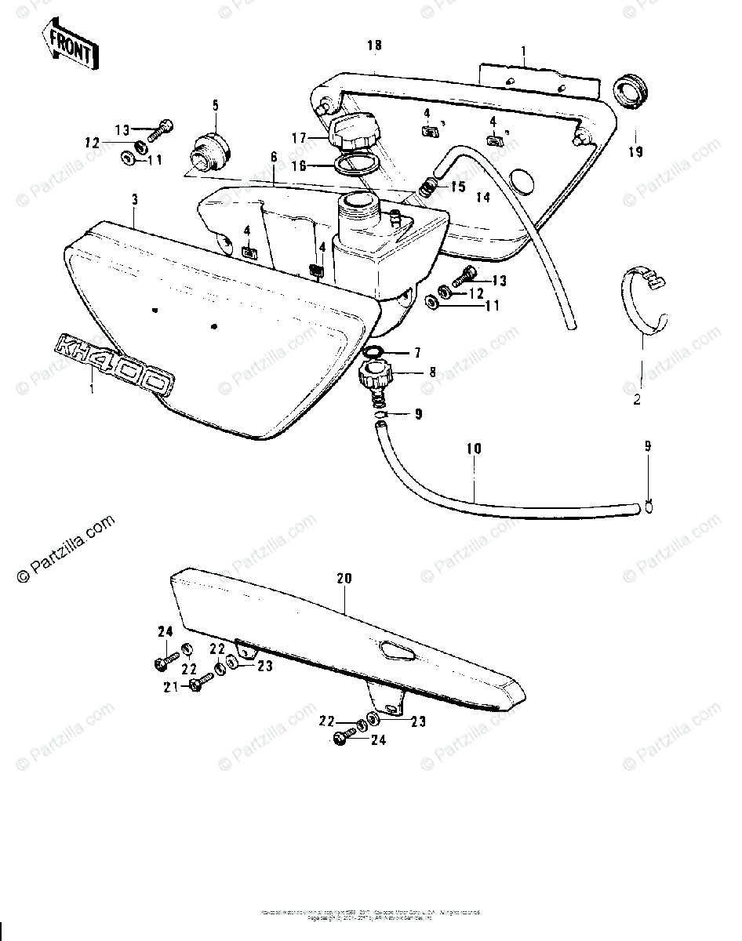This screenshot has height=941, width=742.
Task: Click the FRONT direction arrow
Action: (x=70, y=49)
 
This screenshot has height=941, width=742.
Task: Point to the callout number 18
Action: (x=374, y=46)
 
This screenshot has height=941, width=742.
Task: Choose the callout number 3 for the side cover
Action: (x=134, y=201)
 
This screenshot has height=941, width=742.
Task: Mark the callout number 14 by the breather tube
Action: (x=483, y=198)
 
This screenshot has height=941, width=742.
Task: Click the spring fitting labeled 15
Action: (x=427, y=189)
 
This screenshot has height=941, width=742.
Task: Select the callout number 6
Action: (x=274, y=157)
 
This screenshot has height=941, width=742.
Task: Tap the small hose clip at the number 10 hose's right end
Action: (x=648, y=507)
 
